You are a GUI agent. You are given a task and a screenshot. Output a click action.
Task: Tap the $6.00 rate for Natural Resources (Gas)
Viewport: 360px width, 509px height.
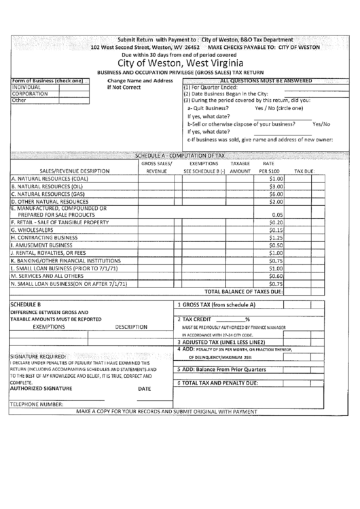pyautogui.click(x=275, y=194)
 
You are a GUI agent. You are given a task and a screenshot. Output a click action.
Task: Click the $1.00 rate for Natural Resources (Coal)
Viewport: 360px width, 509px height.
pyautogui.click(x=275, y=179)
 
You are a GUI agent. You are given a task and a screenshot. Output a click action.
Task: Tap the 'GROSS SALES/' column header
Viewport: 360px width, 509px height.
pyautogui.click(x=156, y=164)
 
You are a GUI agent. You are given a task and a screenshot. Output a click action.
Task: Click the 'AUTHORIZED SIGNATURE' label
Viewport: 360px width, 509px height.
pyautogui.click(x=40, y=389)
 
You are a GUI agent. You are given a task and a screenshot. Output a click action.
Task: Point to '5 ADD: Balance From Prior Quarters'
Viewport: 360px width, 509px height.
pyautogui.click(x=221, y=370)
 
